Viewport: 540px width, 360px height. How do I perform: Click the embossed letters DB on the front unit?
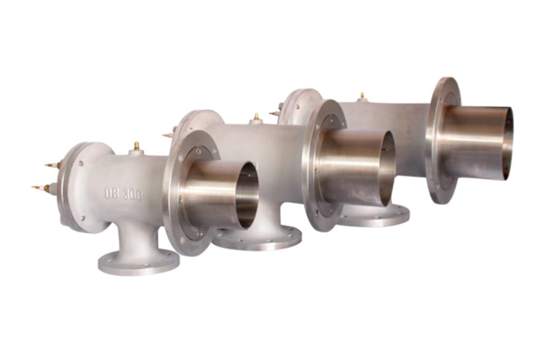pos(112,193)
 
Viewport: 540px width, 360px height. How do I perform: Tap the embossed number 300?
pos(132,194)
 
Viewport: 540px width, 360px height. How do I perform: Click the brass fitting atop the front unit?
pos(137,146)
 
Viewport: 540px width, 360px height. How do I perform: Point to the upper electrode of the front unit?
pos(53,165)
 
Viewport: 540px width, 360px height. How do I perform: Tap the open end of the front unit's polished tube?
pos(248,195)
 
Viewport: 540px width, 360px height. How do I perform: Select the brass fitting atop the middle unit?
pos(256,117)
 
